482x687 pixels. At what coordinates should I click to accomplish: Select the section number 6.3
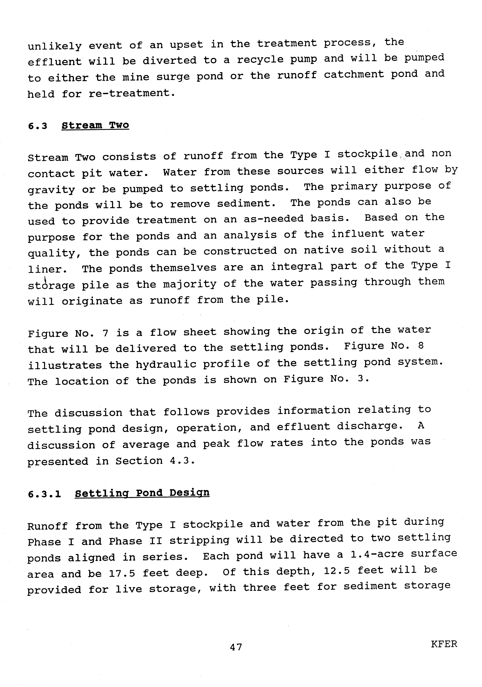click(x=38, y=126)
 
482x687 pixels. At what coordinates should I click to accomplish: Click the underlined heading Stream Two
click(x=95, y=125)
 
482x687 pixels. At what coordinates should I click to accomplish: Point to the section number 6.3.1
click(x=44, y=494)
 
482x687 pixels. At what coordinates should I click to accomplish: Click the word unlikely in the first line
click(x=54, y=46)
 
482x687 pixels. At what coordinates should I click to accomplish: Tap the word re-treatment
click(x=132, y=93)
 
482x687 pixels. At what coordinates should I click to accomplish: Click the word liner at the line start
click(x=47, y=269)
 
